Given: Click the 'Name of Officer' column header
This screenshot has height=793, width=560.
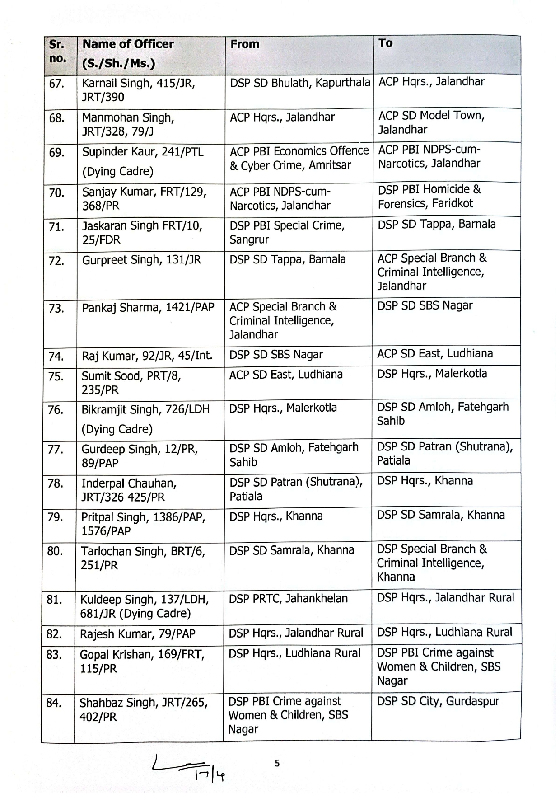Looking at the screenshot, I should pos(128,44).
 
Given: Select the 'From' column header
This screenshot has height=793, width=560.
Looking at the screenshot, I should pos(245,44).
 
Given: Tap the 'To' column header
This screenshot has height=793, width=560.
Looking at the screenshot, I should pos(385,43).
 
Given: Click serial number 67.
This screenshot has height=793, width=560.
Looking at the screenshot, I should pos(56,84).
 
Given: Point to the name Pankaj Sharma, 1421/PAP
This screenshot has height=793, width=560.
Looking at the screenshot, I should pos(148,308).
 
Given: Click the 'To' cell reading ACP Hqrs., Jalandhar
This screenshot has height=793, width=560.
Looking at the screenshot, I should pos(431,82).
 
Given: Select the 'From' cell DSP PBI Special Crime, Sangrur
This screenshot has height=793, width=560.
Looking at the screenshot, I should pos(287,232).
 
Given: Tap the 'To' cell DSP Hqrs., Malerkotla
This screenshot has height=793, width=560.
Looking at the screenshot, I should pos(432,374).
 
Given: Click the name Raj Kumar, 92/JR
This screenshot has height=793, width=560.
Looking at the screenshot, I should pos(147,356).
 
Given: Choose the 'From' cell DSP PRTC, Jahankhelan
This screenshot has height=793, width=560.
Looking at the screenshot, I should pos(288,599).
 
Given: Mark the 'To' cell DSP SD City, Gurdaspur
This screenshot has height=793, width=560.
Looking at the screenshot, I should pos(438,701).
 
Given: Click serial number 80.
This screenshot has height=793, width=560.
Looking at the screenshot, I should pos(55,551).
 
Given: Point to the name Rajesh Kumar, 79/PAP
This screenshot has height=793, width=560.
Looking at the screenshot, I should pos(137,634).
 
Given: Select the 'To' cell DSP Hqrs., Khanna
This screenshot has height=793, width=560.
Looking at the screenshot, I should pos(425,481).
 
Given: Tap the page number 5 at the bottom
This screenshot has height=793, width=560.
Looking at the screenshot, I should pos(277,763).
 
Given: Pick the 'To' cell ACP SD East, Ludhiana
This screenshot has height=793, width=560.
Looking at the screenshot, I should pos(434,353).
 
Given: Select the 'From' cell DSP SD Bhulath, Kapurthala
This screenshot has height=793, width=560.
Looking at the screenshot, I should pos(299,83).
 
